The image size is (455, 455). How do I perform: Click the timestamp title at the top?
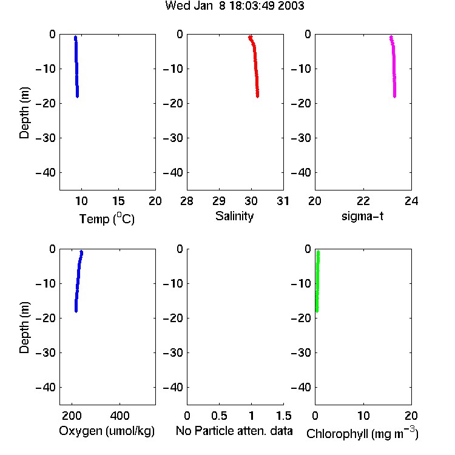click(x=234, y=5)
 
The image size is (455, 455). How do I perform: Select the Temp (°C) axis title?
click(x=107, y=218)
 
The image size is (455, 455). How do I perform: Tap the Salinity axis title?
click(x=234, y=216)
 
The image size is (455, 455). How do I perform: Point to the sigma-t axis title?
click(x=362, y=216)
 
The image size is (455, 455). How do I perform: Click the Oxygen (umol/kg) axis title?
click(x=107, y=431)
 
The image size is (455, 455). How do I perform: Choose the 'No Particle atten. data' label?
click(x=234, y=431)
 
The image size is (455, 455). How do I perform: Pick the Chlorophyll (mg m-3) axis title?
click(x=362, y=433)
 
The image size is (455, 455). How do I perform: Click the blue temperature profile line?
click(x=76, y=67)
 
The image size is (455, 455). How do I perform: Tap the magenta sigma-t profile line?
click(x=394, y=66)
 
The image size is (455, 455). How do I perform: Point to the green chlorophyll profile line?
click(x=317, y=281)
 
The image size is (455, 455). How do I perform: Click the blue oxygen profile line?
click(x=78, y=281)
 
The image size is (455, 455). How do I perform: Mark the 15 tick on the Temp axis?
click(x=118, y=201)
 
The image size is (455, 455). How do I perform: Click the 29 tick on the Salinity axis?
click(x=219, y=201)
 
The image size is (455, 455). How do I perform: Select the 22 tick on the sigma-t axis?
click(x=363, y=201)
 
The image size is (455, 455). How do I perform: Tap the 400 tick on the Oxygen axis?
click(x=120, y=416)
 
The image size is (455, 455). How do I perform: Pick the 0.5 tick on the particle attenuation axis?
click(x=219, y=416)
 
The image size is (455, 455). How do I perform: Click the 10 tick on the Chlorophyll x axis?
click(x=363, y=416)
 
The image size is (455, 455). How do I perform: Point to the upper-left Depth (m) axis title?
click(x=24, y=113)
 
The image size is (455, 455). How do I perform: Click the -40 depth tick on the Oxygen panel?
click(x=45, y=387)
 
